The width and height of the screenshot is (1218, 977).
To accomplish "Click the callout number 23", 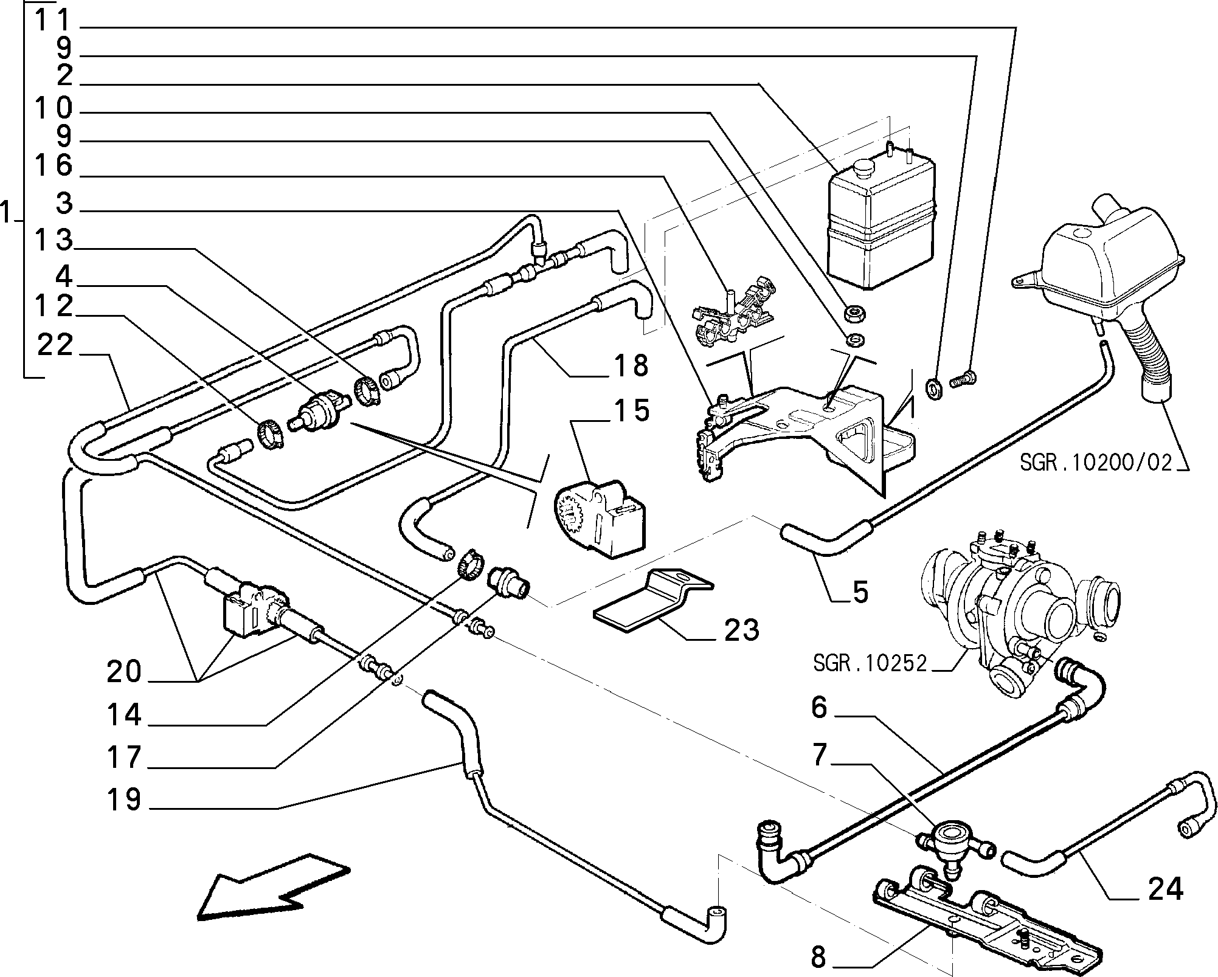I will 741,630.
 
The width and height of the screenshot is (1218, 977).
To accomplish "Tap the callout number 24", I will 1165,889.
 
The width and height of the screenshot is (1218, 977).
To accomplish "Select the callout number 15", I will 631,412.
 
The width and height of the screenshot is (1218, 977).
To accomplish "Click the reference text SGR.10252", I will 870,663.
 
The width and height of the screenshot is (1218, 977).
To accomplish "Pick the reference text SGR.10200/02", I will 1095,463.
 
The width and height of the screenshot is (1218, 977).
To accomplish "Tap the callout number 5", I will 860,592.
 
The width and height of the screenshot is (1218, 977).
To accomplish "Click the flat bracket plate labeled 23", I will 651,602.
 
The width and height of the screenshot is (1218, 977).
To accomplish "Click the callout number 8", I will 819,958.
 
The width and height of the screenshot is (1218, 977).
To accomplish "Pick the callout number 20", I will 124,672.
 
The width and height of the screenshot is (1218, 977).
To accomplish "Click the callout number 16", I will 54,165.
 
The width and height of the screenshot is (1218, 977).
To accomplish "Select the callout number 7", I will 819,755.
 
